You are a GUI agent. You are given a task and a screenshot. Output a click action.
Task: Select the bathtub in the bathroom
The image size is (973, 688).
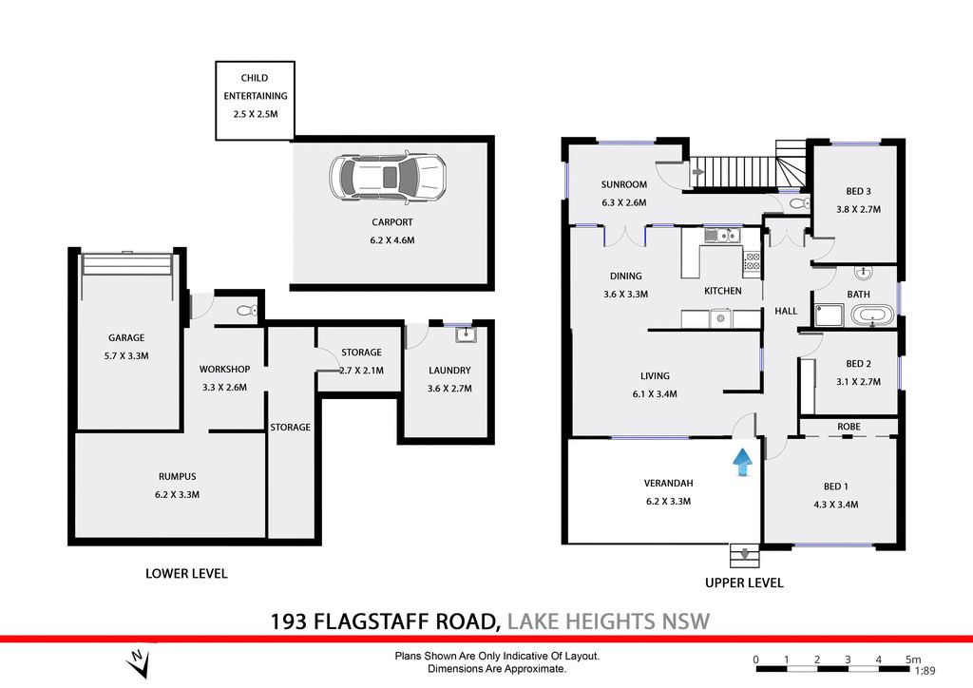[x=871, y=315]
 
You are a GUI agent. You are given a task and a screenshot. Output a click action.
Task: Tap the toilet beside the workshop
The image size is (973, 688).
[x=244, y=310]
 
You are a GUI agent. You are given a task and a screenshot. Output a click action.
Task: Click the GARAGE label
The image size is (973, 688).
[x=126, y=337]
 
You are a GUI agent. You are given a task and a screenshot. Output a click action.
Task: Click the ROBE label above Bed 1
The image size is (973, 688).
[x=849, y=427]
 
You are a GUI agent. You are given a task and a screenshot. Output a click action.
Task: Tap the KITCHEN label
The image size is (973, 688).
[x=722, y=291]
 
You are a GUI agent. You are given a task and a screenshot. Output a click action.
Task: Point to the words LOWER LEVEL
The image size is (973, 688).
[x=186, y=573]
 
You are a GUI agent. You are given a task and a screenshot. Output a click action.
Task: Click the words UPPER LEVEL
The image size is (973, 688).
[x=744, y=583]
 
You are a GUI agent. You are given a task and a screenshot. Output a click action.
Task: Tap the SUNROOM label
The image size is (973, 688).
[x=623, y=184]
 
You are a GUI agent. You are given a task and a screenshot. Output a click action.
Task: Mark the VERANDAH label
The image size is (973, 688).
[x=666, y=483]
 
